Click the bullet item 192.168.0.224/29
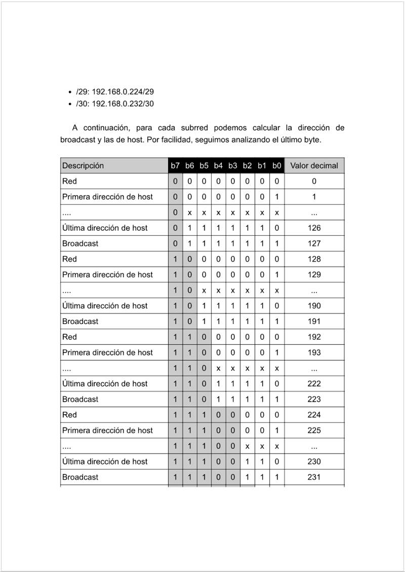[x=115, y=92]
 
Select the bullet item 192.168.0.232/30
[x=115, y=104]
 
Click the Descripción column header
[x=83, y=166]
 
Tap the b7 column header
[x=175, y=166]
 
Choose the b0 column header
[x=276, y=166]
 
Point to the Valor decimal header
[x=314, y=166]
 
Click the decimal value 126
[x=314, y=228]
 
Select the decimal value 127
[x=314, y=243]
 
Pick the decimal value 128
[x=314, y=259]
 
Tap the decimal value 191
[x=314, y=321]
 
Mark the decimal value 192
[x=314, y=337]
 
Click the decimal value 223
[x=314, y=400]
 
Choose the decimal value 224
[x=314, y=415]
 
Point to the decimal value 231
[x=314, y=477]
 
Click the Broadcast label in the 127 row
[x=80, y=243]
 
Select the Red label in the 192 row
[x=69, y=337]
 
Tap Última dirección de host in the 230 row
[x=105, y=462]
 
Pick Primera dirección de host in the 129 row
[x=107, y=275]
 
